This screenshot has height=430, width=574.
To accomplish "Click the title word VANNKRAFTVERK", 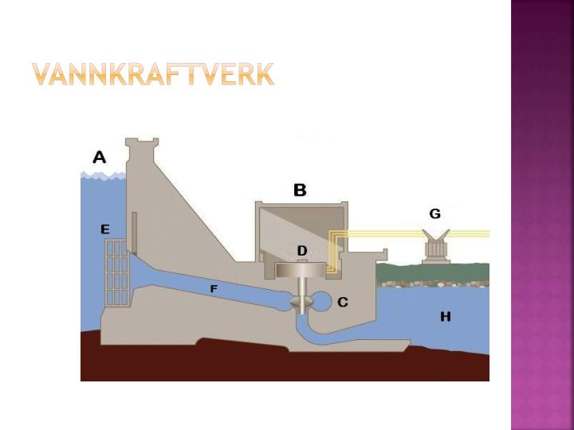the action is click(153, 74).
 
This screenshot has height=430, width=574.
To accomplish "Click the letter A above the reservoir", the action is click(99, 157).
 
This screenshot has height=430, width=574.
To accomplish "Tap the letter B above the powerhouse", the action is click(300, 190).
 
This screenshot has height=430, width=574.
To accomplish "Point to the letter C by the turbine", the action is click(342, 302).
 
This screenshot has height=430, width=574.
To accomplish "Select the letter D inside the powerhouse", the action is click(302, 251).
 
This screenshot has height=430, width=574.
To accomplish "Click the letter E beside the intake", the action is click(104, 229).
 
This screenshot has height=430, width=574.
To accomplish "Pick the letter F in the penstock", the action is click(214, 289).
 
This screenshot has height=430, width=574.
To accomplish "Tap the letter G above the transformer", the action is click(434, 213).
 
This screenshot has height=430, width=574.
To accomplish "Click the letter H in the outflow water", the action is click(445, 317).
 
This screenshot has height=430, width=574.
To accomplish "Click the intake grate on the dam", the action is click(116, 273).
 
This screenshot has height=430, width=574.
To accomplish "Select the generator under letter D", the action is click(302, 271).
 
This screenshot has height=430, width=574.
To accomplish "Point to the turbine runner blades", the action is click(301, 304).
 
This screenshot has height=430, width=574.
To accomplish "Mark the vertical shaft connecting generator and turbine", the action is click(301, 288).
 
